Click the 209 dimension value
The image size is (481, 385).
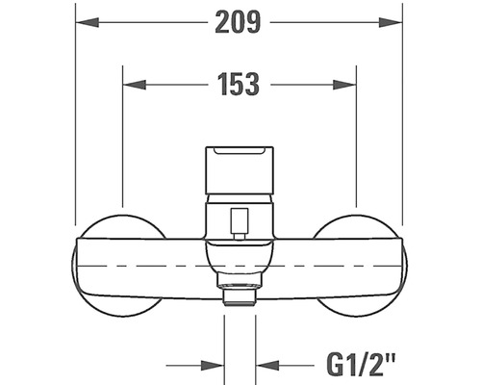[x=239, y=23]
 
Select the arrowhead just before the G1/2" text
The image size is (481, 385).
[x=267, y=366]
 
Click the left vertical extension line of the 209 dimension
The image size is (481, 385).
[x=75, y=115]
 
